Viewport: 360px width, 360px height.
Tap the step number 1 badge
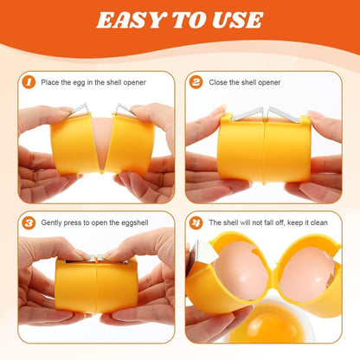[29, 83]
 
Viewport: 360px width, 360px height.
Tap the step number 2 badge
[196, 83]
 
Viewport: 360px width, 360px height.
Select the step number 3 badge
[29, 222]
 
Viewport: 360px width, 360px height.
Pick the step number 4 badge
[196, 222]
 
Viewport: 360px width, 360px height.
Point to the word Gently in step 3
[53, 223]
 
